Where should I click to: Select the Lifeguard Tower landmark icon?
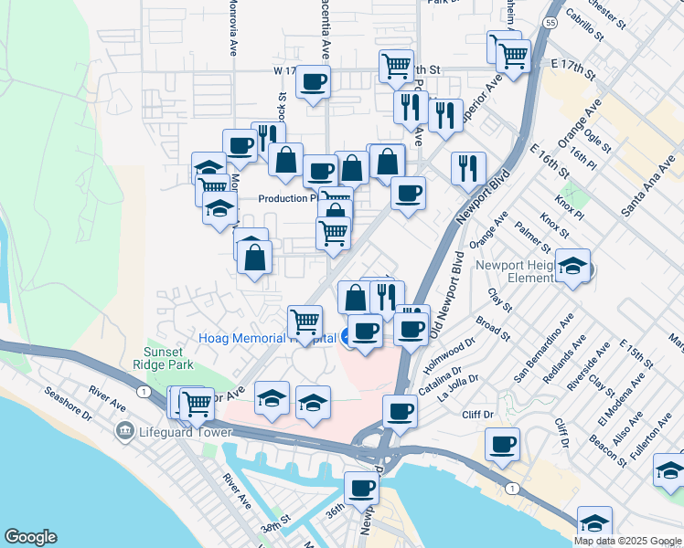(121, 430)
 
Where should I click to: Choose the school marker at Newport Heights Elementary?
(573, 266)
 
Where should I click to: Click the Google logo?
(30, 537)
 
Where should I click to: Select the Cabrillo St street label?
(585, 22)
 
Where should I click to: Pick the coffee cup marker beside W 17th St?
(314, 82)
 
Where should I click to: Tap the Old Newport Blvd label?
(464, 282)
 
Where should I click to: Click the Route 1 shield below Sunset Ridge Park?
(144, 391)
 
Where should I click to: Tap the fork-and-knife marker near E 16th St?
(466, 167)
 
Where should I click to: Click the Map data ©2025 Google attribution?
(627, 541)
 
